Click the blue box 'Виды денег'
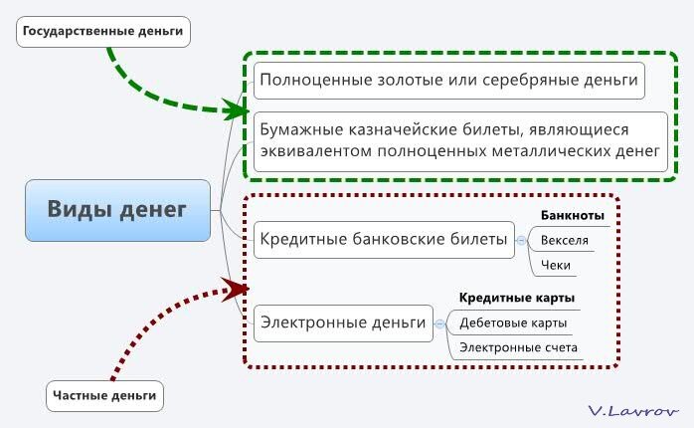coord(117,210)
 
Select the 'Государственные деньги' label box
coord(103,32)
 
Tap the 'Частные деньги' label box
coord(105,396)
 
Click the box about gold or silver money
coord(448,81)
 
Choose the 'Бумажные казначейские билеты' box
coord(460,141)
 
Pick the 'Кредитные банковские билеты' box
coord(384,240)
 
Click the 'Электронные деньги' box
coord(343,323)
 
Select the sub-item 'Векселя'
coord(565,241)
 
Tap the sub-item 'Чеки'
coord(556,266)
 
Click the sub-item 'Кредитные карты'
coord(516,298)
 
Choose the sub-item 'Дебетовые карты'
coord(513,323)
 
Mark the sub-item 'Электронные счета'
coord(518,347)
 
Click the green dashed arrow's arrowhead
coord(236,109)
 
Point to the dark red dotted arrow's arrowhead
coord(236,290)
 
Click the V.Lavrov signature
coord(633,411)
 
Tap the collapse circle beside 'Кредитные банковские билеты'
coord(521,240)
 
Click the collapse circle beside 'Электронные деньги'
coord(439,323)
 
